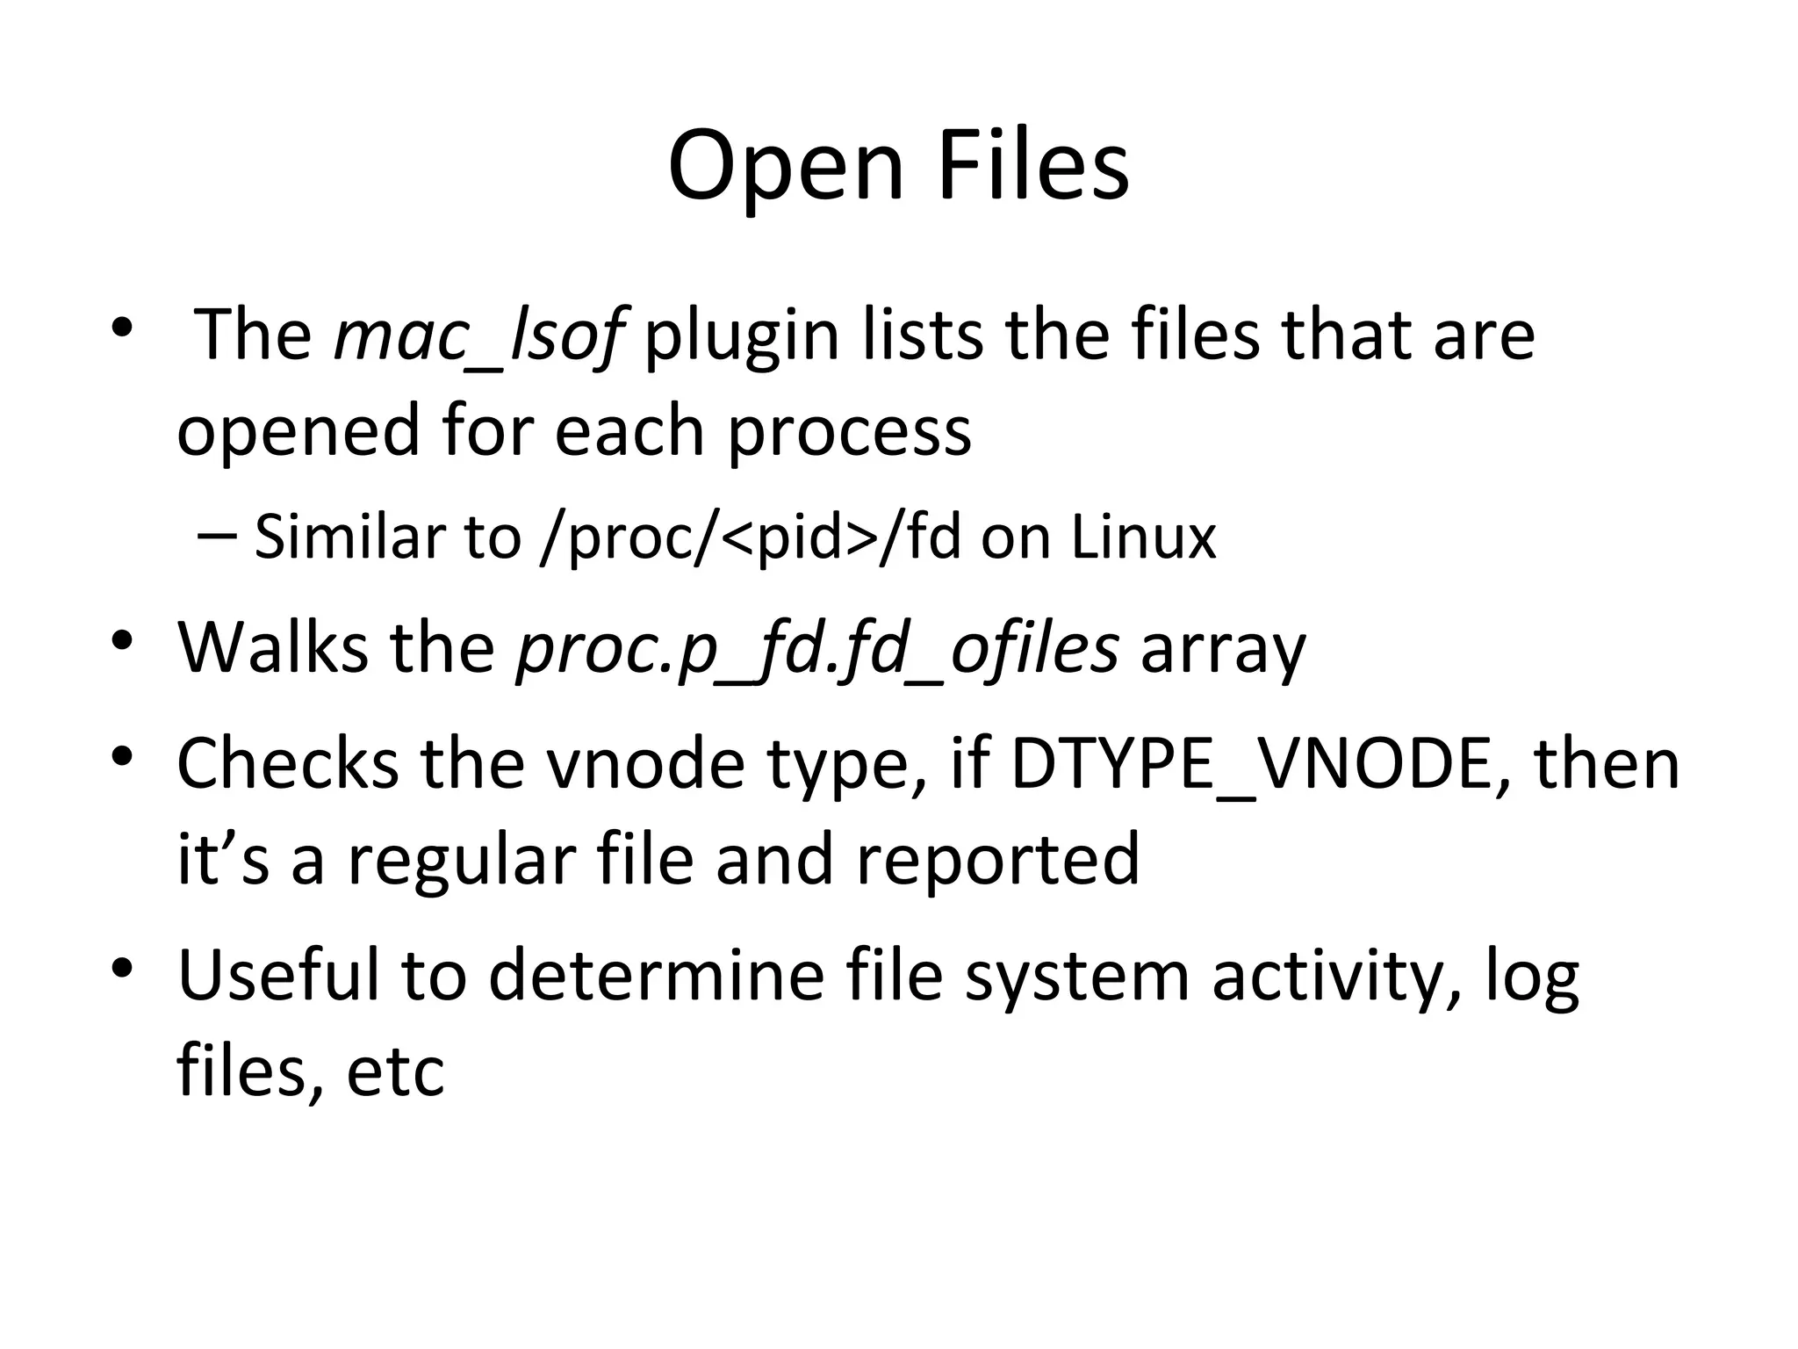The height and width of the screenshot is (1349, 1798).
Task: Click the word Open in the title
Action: (785, 167)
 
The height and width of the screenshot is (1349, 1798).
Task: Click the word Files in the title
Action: (1033, 167)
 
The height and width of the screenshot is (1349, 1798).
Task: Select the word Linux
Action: (1143, 537)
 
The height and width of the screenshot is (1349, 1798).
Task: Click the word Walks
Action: (271, 648)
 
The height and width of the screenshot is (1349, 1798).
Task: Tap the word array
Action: (1223, 648)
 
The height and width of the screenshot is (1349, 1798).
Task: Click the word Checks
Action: (288, 763)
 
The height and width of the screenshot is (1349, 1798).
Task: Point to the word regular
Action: (461, 858)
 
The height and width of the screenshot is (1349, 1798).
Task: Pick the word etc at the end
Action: (396, 1071)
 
